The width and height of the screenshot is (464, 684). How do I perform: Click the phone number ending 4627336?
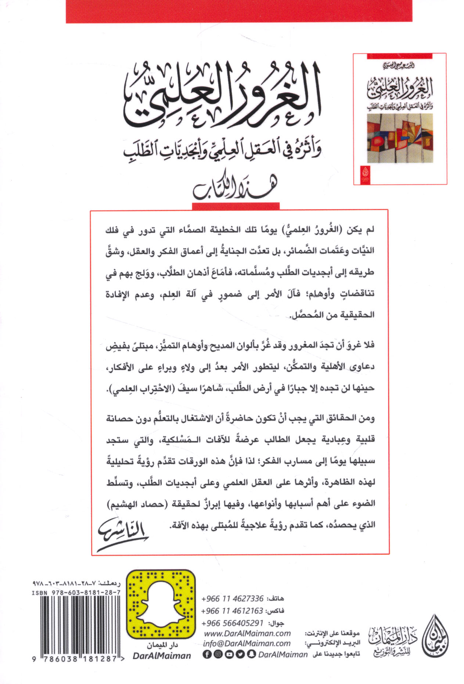(232, 599)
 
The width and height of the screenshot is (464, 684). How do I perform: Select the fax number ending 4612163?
(232, 611)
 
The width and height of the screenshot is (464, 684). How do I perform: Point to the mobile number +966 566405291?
(232, 623)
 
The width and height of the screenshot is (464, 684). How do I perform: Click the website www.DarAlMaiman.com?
(247, 633)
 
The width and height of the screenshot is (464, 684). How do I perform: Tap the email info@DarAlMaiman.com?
(247, 643)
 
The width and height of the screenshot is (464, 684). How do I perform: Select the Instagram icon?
(217, 654)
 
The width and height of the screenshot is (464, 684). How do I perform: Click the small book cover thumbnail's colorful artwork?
(400, 138)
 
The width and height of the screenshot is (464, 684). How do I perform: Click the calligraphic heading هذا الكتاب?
(235, 189)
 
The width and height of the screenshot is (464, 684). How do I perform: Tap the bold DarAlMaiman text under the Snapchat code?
(162, 655)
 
